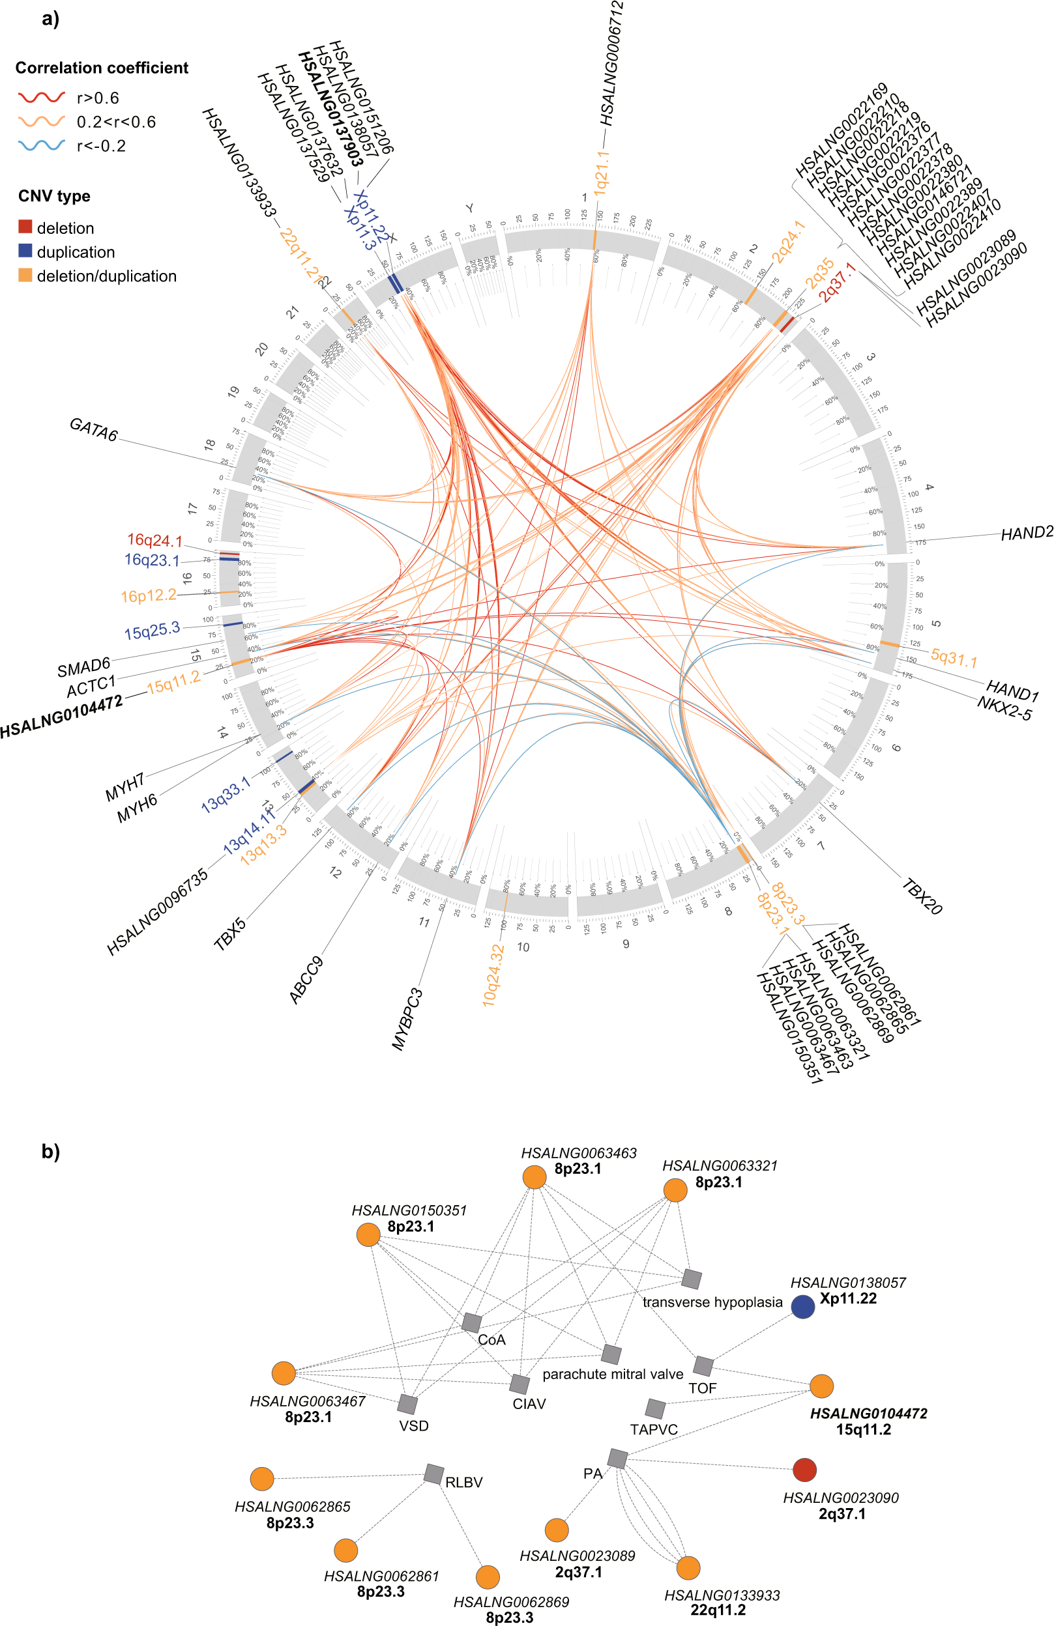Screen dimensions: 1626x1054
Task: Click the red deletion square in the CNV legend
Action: click(x=25, y=227)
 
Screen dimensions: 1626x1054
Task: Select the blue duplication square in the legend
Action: click(x=25, y=251)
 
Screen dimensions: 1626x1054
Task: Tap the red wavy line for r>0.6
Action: click(x=41, y=98)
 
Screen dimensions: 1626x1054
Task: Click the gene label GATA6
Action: click(x=94, y=430)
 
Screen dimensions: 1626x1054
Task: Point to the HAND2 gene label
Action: click(x=1027, y=533)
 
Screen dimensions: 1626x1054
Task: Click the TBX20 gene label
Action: click(x=922, y=897)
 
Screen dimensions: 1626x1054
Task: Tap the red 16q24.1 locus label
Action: click(x=154, y=541)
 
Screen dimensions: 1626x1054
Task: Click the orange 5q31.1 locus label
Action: click(x=954, y=659)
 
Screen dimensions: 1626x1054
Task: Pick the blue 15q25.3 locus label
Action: click(x=152, y=631)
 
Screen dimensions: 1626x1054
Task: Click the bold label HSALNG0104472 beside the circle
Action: click(x=61, y=716)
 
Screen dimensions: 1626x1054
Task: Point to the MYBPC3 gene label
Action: click(x=407, y=1019)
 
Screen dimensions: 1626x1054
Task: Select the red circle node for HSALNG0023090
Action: click(x=804, y=1470)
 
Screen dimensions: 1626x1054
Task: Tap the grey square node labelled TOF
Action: click(x=703, y=1366)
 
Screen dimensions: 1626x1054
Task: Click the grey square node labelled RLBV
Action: click(x=433, y=1474)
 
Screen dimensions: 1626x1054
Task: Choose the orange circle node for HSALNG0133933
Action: click(x=688, y=1568)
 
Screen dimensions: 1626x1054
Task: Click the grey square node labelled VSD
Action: click(x=407, y=1405)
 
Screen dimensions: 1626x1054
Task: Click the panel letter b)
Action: click(x=51, y=1152)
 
